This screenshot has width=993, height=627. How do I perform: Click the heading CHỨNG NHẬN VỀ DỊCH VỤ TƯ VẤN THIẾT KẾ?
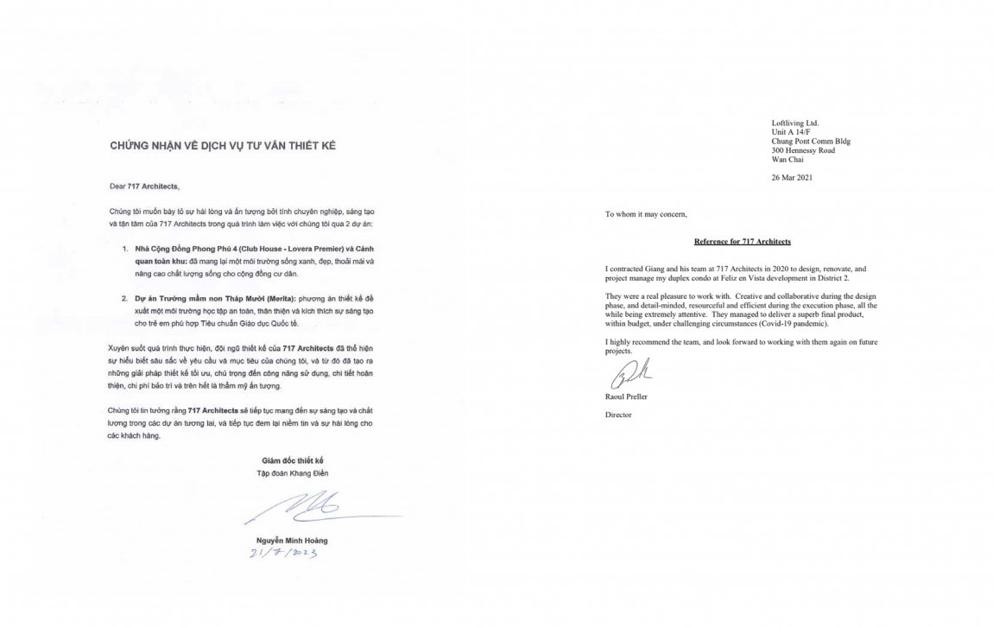tap(222, 146)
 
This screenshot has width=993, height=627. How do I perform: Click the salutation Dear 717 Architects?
tap(144, 187)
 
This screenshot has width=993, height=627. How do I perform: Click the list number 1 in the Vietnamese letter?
tap(125, 248)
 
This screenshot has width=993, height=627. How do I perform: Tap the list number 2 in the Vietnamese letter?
tap(125, 298)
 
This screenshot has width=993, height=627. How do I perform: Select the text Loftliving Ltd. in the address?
tap(794, 123)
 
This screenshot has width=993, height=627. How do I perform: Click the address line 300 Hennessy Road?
tap(803, 150)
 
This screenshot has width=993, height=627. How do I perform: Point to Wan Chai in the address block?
tap(787, 159)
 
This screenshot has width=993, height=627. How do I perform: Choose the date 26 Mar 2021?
tap(792, 178)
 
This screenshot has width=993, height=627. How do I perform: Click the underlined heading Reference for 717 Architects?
tap(742, 242)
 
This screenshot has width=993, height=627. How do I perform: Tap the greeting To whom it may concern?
tap(646, 214)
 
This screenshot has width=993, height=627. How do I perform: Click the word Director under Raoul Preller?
tap(618, 415)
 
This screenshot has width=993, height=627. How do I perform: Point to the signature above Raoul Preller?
tap(626, 376)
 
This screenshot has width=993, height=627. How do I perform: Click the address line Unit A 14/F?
tap(790, 132)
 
